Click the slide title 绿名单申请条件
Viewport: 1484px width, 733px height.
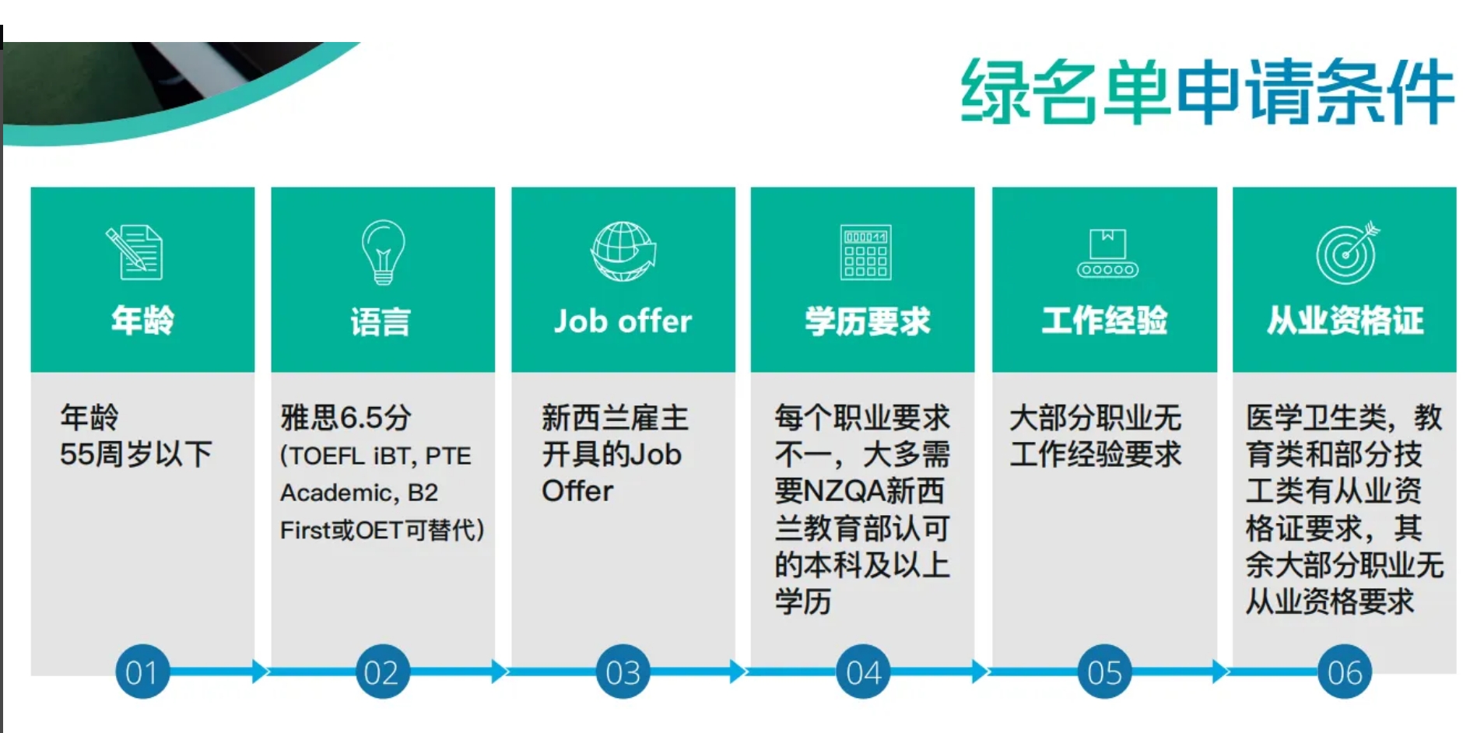[x=1207, y=92]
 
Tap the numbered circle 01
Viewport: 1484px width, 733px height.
[x=142, y=672]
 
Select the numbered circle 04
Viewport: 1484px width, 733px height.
[x=862, y=672]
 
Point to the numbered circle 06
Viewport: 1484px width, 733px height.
[x=1344, y=672]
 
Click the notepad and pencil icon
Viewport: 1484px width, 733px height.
[x=134, y=252]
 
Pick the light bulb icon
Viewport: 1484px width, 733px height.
[x=383, y=251]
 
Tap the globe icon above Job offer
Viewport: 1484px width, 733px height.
[x=623, y=251]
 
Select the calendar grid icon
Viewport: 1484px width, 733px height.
[x=865, y=252]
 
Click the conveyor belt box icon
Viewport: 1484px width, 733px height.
[x=1107, y=254]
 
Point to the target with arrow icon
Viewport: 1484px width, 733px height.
[x=1347, y=252]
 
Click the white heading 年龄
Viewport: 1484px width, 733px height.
[x=142, y=320]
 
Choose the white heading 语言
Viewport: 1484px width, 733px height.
[x=381, y=321]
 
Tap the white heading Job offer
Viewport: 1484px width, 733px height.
[x=623, y=321]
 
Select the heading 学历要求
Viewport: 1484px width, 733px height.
[x=867, y=321]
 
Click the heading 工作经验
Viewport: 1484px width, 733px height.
[x=1104, y=320]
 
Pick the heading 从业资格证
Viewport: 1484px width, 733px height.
[x=1345, y=320]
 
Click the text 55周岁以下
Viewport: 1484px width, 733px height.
[x=135, y=454]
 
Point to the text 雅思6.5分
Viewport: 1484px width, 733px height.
[x=346, y=418]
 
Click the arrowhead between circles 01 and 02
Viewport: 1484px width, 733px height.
[x=261, y=671]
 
